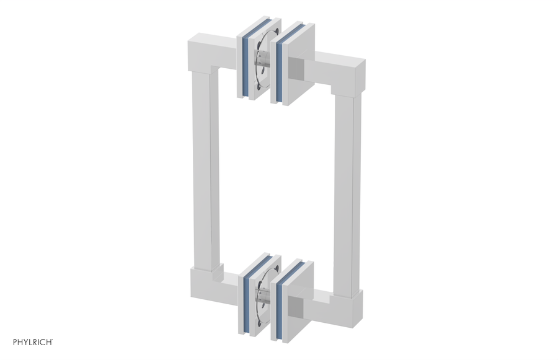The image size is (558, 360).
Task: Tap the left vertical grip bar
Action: (205, 167)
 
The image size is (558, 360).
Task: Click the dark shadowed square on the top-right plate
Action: (297, 68)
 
